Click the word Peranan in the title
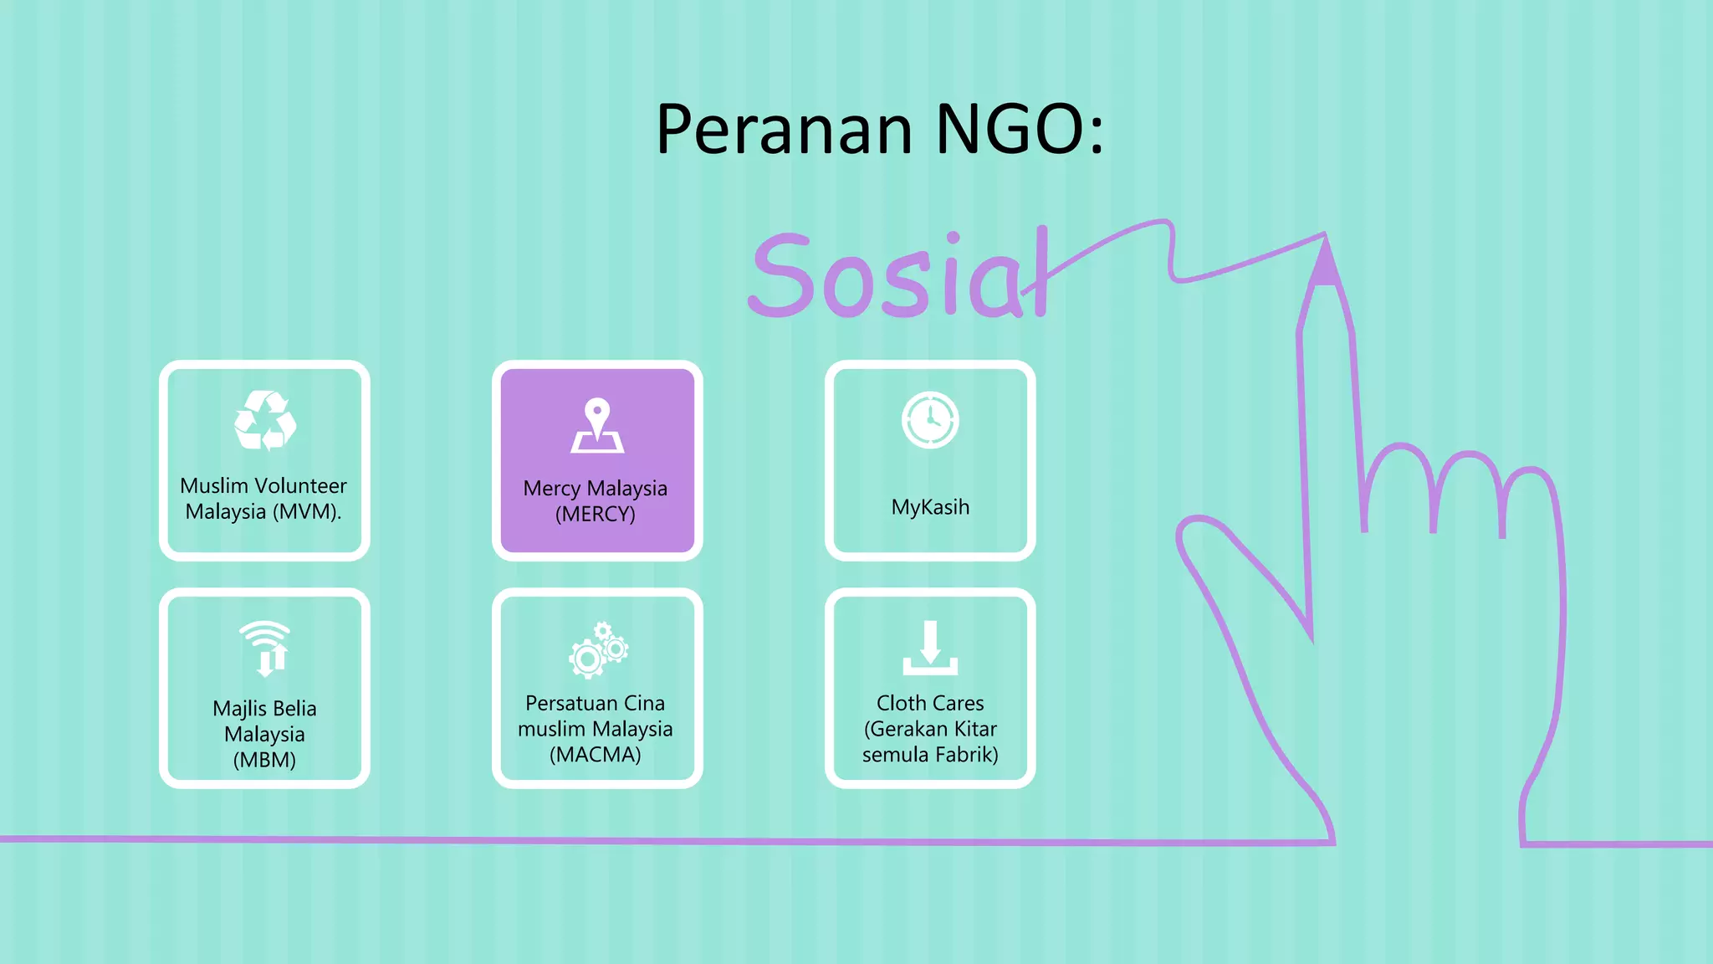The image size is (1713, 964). click(784, 130)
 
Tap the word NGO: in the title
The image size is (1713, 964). click(1020, 130)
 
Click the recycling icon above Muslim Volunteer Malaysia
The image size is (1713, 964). click(264, 420)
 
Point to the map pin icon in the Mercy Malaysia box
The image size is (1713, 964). click(596, 425)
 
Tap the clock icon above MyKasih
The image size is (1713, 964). click(930, 420)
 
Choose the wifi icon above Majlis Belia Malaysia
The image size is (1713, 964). click(265, 648)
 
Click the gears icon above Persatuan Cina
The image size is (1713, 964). click(598, 649)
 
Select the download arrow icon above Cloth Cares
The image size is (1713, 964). click(930, 649)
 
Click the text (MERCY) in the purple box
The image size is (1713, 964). click(596, 514)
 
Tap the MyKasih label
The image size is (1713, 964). click(930, 507)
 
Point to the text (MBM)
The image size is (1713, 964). click(264, 760)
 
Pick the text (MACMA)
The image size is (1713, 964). click(596, 755)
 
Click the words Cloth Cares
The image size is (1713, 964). click(930, 703)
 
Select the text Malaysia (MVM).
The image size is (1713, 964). click(263, 511)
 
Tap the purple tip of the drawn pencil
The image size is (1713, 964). click(1325, 264)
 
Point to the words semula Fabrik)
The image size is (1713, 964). click(930, 755)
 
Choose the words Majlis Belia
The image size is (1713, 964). click(264, 708)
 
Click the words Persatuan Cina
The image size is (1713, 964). click(596, 703)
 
